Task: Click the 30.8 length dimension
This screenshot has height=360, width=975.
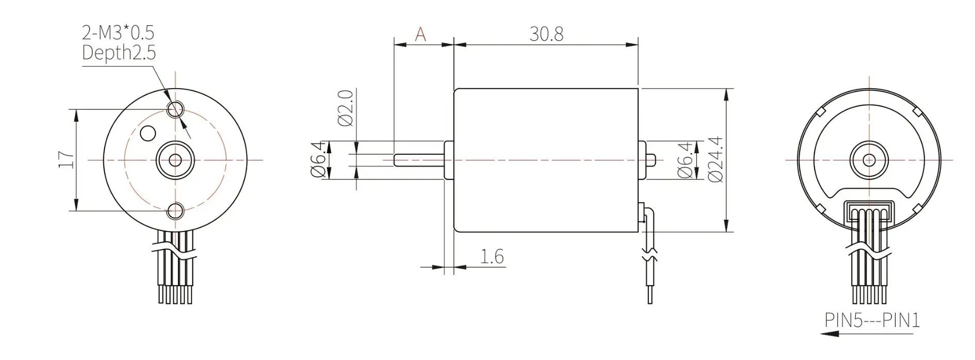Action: [x=546, y=34]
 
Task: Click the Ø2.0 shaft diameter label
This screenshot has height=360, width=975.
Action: [x=346, y=108]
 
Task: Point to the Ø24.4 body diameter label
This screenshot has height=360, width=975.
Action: [x=716, y=159]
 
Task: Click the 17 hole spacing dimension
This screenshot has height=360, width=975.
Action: [x=67, y=159]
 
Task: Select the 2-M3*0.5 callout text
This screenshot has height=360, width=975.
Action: [x=118, y=32]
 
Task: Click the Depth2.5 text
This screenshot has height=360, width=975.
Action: [x=119, y=53]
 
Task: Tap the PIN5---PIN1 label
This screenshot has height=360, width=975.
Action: [x=872, y=321]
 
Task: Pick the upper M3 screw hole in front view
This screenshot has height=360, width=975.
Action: [x=175, y=109]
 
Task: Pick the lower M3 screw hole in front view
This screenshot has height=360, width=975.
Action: [x=175, y=210]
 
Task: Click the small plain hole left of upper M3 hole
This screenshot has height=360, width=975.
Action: [x=148, y=133]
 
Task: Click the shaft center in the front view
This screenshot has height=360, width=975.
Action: [x=175, y=160]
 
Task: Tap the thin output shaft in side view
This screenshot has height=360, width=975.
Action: [x=418, y=160]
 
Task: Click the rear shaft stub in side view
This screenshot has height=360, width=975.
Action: [x=651, y=159]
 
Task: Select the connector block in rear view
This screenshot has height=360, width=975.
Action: [x=869, y=212]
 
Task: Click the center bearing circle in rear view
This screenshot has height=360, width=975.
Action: [x=869, y=160]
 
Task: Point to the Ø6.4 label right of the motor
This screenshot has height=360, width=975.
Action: [x=685, y=160]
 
